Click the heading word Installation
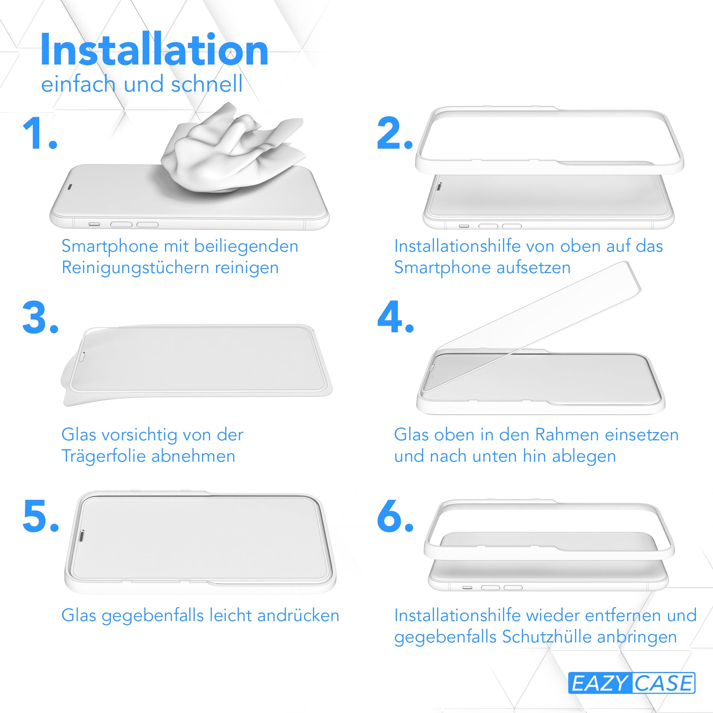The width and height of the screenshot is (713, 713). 154,50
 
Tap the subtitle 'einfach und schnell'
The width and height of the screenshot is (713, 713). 142,84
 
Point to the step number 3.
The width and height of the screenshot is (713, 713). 40,317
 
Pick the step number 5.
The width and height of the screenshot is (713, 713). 41,516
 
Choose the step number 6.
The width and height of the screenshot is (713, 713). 395,515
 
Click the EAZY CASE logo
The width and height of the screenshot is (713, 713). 631,683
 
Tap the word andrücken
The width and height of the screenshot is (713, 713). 298,616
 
